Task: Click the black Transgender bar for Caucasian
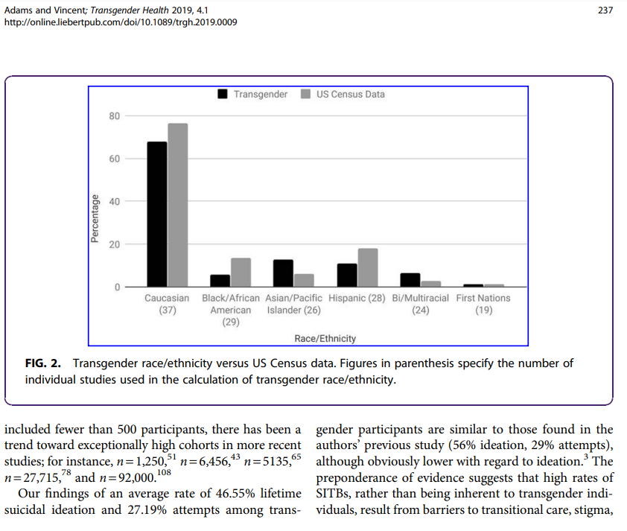tap(157, 214)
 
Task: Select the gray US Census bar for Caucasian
tap(178, 205)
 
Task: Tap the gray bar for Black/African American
tap(241, 273)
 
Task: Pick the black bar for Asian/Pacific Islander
tap(283, 273)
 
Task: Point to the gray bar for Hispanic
tap(368, 268)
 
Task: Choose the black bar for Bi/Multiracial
tap(410, 280)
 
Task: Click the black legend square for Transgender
tap(223, 94)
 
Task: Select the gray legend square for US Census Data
tap(305, 94)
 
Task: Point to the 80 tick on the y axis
tap(115, 116)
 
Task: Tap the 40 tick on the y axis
tap(115, 202)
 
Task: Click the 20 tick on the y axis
tap(115, 244)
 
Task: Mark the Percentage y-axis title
tap(95, 219)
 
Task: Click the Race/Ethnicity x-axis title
tap(325, 339)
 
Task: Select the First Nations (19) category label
tap(483, 304)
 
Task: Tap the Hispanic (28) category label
tap(357, 299)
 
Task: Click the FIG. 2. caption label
tap(43, 363)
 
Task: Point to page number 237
tap(605, 10)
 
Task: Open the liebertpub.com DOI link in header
tap(121, 22)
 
